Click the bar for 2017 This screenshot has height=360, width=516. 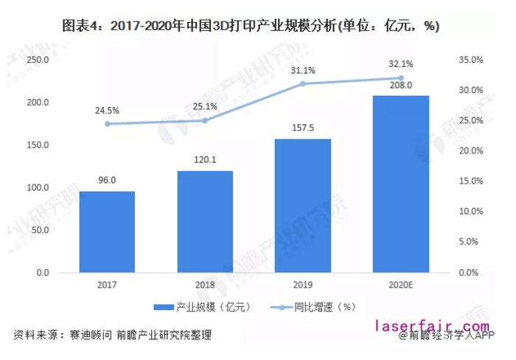pos(107,232)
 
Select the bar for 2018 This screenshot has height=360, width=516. pos(205,221)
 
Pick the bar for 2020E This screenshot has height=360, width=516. pos(401,184)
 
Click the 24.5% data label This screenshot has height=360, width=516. pos(108,110)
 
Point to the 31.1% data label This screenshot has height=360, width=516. pos(303,71)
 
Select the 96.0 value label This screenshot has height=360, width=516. pos(108,179)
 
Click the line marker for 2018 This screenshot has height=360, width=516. pos(205,120)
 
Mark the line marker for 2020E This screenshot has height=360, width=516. pos(401,78)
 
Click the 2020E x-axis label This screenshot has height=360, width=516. pos(401,284)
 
